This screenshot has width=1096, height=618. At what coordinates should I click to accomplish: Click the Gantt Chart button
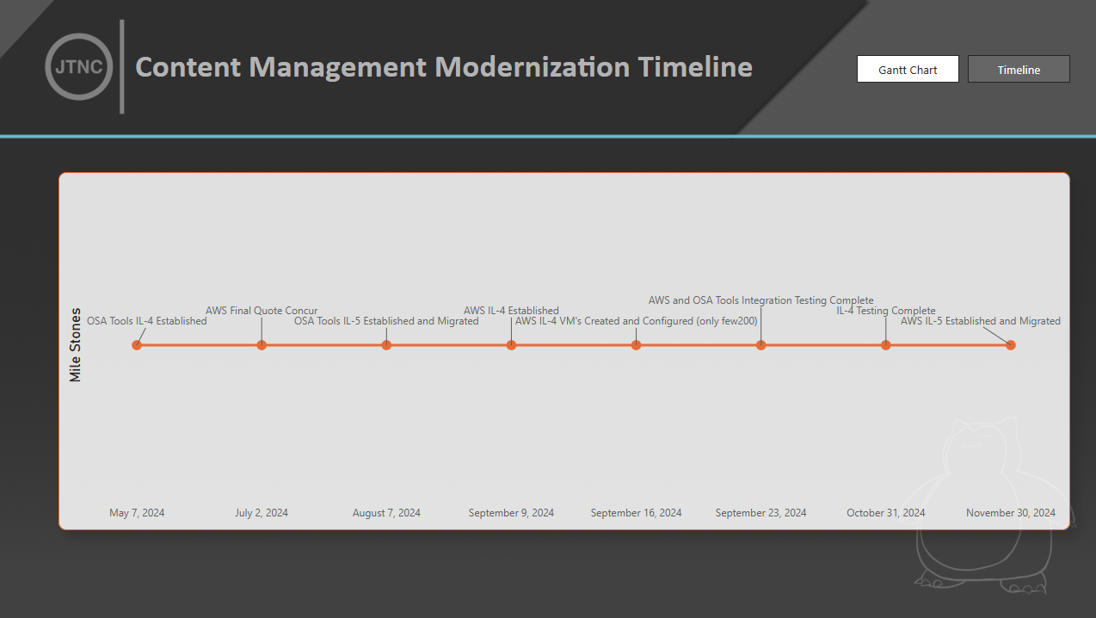pos(908,70)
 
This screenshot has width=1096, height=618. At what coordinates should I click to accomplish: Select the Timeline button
pos(1019,70)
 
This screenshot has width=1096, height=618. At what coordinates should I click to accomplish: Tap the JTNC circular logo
pos(78,67)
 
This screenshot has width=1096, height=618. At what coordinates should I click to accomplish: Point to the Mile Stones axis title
pos(76,344)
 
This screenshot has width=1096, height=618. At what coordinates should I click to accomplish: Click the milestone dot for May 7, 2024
pos(137,345)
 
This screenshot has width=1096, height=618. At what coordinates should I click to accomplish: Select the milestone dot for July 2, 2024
pos(262,345)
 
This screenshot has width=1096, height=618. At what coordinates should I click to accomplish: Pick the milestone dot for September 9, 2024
pos(511,345)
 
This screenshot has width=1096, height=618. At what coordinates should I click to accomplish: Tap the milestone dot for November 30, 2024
pos(1011,345)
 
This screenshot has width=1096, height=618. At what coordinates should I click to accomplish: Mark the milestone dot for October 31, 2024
pos(886,345)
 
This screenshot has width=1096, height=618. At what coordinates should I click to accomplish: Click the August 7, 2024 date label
pos(386,513)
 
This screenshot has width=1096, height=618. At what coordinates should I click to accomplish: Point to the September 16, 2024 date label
pos(636,513)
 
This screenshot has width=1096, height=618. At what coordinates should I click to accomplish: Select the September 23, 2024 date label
pos(760,513)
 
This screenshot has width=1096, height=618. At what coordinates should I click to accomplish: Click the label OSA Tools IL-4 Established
pos(146,321)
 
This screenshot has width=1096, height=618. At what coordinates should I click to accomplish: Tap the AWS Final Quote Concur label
pos(262,311)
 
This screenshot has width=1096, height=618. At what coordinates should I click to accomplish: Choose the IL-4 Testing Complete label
pos(886,311)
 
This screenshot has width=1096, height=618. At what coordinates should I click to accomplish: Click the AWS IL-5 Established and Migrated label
pos(980,321)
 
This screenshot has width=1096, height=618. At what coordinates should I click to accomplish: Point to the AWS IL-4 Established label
pos(511,311)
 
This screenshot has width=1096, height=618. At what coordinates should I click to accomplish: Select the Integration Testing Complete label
pos(760,300)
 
